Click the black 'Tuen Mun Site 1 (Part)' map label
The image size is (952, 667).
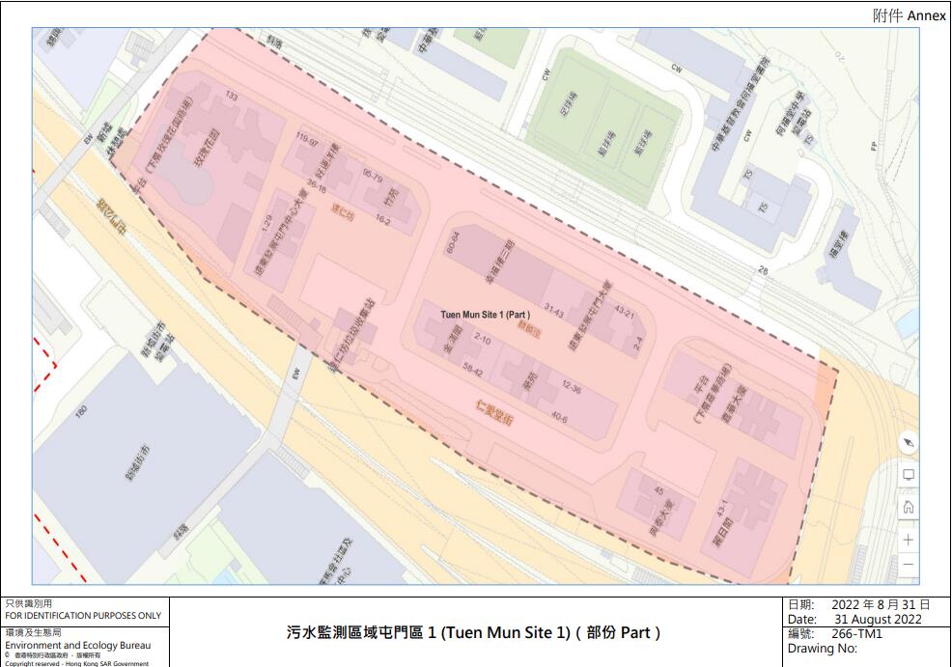point(486,315)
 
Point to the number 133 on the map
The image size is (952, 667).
point(231,96)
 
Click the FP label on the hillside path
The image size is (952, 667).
point(873,146)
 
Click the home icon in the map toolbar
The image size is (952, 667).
point(908,507)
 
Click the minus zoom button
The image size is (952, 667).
point(908,565)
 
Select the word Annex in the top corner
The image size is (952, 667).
point(926,15)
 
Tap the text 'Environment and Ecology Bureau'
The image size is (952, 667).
point(78,645)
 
